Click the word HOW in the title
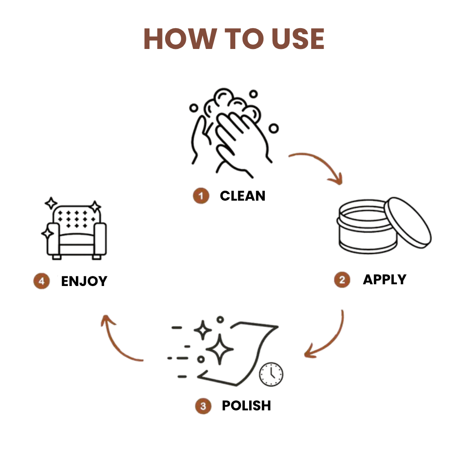click(180, 39)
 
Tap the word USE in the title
click(298, 39)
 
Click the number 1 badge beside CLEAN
click(201, 196)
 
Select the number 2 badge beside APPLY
click(342, 279)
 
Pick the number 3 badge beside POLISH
click(203, 406)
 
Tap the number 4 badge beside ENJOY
click(42, 281)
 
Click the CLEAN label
click(242, 196)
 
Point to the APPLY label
click(384, 279)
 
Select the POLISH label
click(246, 406)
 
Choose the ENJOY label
click(84, 281)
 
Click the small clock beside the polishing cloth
click(271, 374)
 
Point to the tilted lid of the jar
click(408, 222)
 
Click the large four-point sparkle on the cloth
click(220, 349)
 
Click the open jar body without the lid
click(367, 227)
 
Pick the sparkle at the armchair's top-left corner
click(51, 203)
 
